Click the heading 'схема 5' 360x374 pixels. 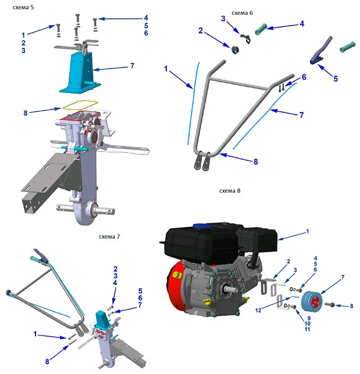tap(23, 7)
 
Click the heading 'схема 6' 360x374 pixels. tap(242, 13)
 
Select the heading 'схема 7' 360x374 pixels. tap(109, 236)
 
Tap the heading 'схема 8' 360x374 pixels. tap(229, 191)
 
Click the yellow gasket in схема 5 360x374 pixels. tap(80, 105)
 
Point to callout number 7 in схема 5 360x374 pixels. tap(132, 66)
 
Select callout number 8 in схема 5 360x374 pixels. tap(25, 113)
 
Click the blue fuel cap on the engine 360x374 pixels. tap(201, 226)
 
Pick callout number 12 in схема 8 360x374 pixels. tap(258, 310)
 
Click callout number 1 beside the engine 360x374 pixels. tap(307, 231)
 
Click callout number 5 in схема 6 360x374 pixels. tap(336, 79)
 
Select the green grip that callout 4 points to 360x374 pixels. tap(261, 29)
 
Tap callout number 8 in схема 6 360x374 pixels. tap(256, 162)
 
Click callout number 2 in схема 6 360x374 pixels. tap(201, 31)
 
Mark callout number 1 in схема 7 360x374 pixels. tap(35, 334)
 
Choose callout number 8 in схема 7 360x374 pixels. tap(47, 362)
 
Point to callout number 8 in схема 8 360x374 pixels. tap(351, 306)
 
